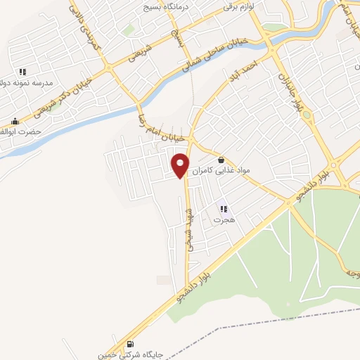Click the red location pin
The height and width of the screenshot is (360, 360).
click(181, 164)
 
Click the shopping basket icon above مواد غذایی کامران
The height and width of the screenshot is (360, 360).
click(221, 160)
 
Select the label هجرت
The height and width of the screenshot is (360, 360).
click(223, 220)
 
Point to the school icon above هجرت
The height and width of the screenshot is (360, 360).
click(224, 209)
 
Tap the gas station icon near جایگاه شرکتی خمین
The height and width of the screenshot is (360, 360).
click(131, 344)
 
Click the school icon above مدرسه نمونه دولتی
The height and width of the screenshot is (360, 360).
click(22, 72)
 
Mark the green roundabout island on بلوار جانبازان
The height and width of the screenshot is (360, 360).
click(306, 115)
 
